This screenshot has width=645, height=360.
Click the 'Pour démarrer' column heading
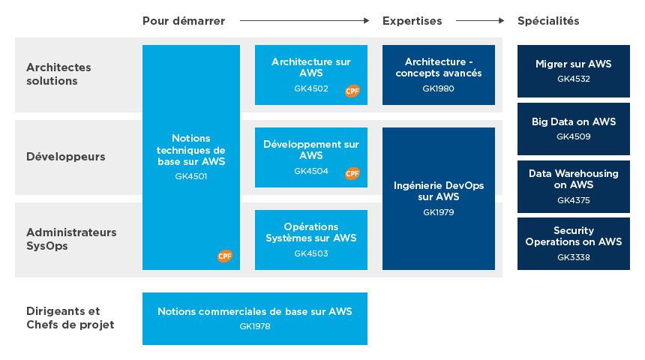click(x=184, y=21)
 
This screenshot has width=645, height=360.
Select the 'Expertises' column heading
click(x=412, y=21)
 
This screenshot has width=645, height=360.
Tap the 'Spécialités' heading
click(x=548, y=21)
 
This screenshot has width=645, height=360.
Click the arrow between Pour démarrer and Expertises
click(x=304, y=21)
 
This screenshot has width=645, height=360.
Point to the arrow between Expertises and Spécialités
click(x=480, y=21)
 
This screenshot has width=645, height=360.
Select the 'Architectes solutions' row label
click(x=58, y=74)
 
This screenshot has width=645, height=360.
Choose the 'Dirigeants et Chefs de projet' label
click(x=70, y=318)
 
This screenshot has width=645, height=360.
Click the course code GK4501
click(x=191, y=177)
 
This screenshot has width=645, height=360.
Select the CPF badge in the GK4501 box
click(x=225, y=256)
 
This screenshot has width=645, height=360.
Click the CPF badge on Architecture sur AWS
click(x=352, y=91)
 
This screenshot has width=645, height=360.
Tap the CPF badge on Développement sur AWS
click(x=352, y=173)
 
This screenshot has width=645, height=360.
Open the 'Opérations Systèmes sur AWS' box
click(x=311, y=239)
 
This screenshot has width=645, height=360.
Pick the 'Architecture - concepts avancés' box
click(x=439, y=74)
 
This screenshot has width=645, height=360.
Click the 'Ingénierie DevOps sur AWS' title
click(x=439, y=190)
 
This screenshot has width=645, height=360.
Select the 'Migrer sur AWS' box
click(x=574, y=70)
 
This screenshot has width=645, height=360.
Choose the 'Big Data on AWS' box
click(x=574, y=128)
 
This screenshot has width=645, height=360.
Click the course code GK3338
click(x=574, y=257)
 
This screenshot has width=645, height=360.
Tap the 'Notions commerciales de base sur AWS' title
click(x=255, y=311)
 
